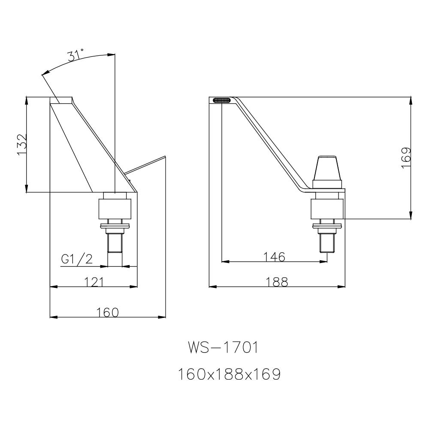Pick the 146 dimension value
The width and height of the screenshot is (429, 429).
click(274, 257)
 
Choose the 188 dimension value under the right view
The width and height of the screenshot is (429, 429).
click(277, 282)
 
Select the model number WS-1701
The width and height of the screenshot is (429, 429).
click(223, 347)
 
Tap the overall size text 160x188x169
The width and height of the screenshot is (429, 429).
click(229, 375)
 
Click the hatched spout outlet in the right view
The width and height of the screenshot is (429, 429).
click(221, 100)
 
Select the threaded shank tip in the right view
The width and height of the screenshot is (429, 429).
click(327, 245)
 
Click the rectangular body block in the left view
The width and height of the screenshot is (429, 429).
click(115, 208)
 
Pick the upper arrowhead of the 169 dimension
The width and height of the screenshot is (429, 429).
click(411, 100)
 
